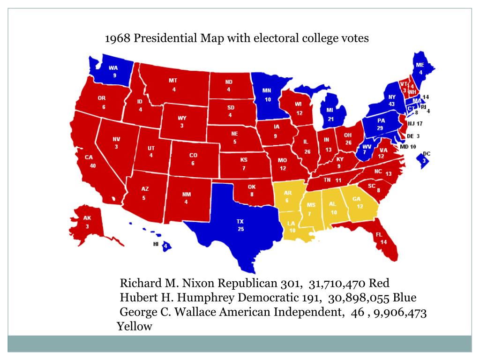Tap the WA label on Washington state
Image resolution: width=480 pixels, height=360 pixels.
coord(113,68)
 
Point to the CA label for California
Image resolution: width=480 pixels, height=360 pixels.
coord(89,157)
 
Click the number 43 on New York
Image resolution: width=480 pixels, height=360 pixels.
coord(392,104)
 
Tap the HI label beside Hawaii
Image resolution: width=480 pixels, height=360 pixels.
coord(156,244)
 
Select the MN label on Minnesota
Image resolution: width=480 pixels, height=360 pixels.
coord(266,90)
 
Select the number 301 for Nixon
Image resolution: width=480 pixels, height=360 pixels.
coord(291,284)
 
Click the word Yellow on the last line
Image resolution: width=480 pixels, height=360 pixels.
coord(135,327)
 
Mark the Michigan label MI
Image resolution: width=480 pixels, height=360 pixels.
coord(330,110)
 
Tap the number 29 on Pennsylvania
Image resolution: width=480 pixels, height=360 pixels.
coord(381,128)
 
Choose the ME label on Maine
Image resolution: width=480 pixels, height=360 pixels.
coord(420,65)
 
